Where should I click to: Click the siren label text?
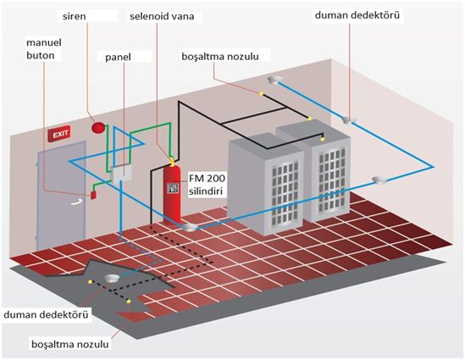tap(75, 16)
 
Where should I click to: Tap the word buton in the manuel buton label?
tap(41, 55)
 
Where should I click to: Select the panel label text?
tap(118, 58)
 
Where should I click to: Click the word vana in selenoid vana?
tap(182, 16)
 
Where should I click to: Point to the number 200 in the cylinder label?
tap(216, 178)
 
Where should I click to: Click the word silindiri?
tap(206, 191)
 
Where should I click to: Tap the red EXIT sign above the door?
tap(60, 134)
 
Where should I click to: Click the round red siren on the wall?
tap(98, 128)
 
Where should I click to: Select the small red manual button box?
tap(93, 195)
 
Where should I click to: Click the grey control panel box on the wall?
tap(122, 174)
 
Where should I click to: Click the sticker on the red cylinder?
tap(173, 188)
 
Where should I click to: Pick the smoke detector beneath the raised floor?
tap(112, 279)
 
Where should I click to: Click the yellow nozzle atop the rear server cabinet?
tap(323, 139)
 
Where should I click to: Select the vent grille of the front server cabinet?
tap(285, 193)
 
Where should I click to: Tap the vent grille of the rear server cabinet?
tap(331, 180)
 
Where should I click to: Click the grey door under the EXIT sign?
tap(61, 196)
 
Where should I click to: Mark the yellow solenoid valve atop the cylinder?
tap(172, 162)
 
